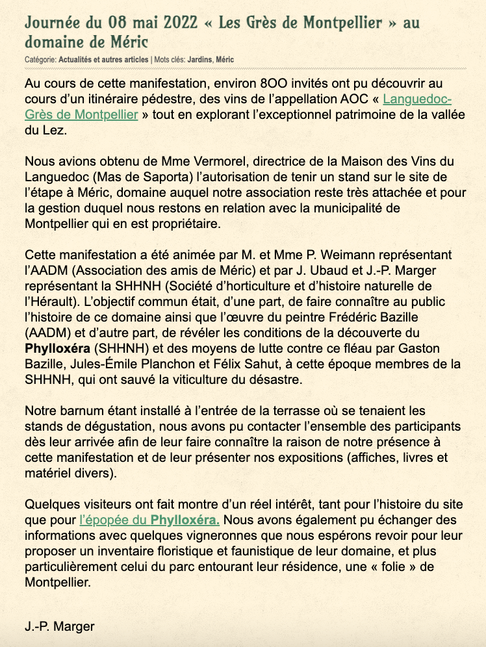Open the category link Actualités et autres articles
[x=103, y=60]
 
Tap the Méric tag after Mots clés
[x=225, y=60]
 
